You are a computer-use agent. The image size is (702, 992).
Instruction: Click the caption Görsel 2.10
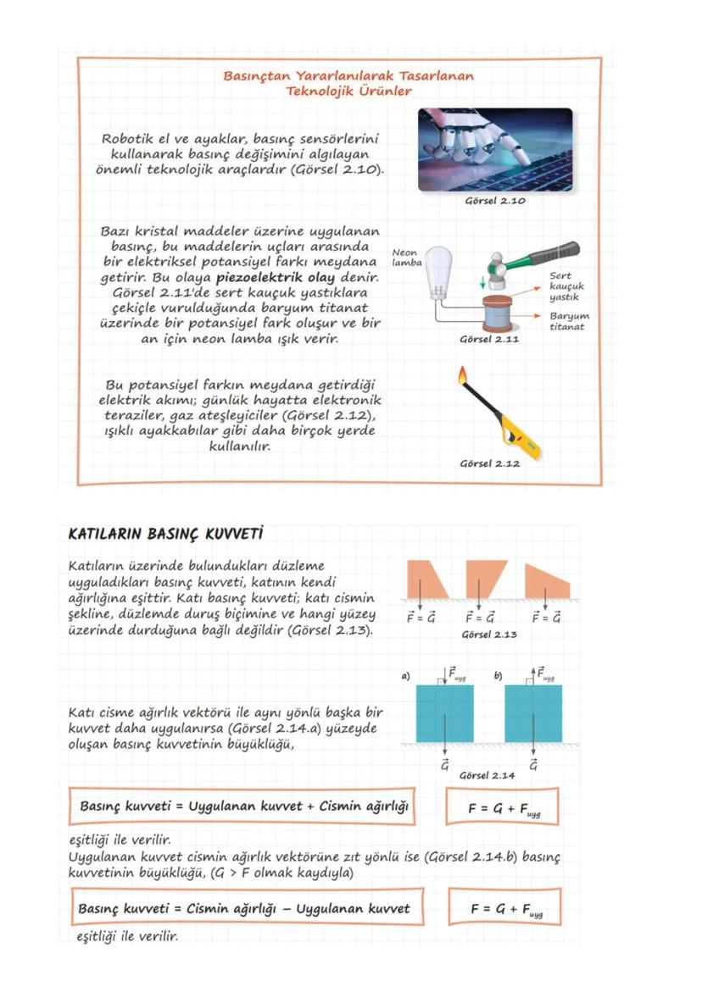coord(495,201)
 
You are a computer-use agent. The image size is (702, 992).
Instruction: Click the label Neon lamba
coord(407,257)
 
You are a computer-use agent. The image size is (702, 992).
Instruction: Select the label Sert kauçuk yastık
coord(565,286)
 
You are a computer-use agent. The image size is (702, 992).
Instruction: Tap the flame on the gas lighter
coord(462,375)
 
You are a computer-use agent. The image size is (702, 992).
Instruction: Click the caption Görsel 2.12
coord(489,463)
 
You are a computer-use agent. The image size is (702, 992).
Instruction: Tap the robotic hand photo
coord(494,149)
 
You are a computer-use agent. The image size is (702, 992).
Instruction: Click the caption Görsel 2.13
coord(490,633)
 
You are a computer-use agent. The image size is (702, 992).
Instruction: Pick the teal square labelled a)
coord(444,713)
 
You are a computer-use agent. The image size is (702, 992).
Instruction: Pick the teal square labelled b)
coord(532,713)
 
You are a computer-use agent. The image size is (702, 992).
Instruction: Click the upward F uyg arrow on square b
coord(532,675)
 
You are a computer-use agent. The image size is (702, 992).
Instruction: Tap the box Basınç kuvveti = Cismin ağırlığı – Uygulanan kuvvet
coord(245,908)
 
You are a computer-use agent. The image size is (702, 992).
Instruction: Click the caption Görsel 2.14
coord(486,774)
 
